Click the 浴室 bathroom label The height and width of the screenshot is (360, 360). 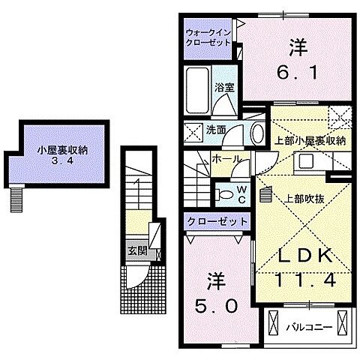224,87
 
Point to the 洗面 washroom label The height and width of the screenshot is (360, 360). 217,130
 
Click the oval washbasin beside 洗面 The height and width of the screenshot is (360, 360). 257,133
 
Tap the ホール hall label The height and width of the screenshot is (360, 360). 226,159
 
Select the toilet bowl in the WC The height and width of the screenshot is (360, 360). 224,193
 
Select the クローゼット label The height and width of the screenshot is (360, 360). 217,222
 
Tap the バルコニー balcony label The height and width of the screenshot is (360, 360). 304,327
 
